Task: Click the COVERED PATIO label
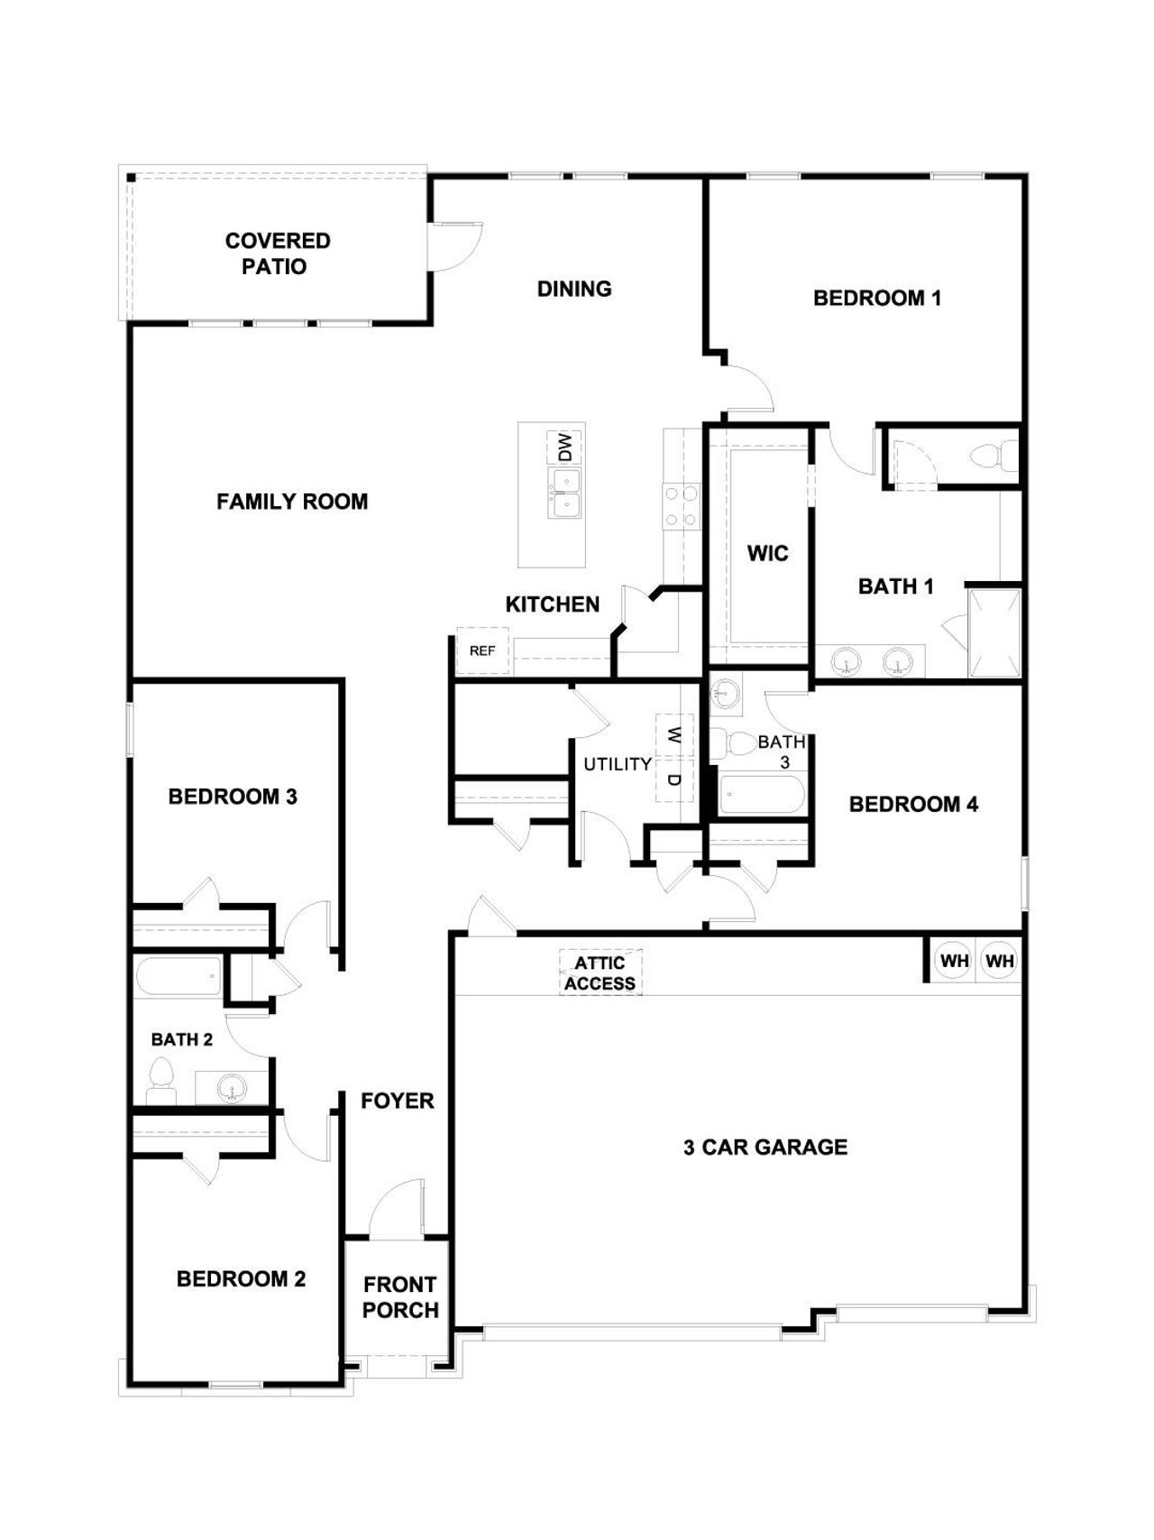(x=277, y=254)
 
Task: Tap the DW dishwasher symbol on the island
(x=564, y=447)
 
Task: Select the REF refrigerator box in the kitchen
(x=482, y=650)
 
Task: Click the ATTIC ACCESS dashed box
(x=600, y=973)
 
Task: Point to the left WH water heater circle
(x=954, y=961)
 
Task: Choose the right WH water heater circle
(x=1000, y=961)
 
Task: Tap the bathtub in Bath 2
(x=179, y=977)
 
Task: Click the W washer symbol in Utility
(x=673, y=735)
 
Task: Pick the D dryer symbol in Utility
(x=673, y=779)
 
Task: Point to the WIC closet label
(x=767, y=553)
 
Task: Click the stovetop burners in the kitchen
(x=681, y=506)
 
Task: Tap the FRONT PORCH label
(x=400, y=1296)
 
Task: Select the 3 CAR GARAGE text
(x=765, y=1147)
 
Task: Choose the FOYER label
(x=397, y=1101)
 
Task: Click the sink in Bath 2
(x=232, y=1088)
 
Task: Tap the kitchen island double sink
(x=565, y=493)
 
